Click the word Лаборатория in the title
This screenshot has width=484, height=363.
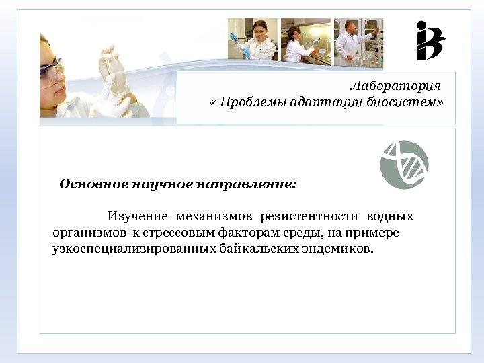coord(395,87)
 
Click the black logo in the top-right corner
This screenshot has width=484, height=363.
coord(430,41)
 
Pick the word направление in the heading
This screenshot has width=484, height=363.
coord(245,184)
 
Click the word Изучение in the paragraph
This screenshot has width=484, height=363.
coord(137,217)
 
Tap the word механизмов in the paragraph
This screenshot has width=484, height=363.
coord(214,217)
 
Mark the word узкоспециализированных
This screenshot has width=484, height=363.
coord(134,249)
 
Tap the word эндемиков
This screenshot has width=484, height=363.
coord(339,249)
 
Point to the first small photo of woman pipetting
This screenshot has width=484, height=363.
coord(253,40)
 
